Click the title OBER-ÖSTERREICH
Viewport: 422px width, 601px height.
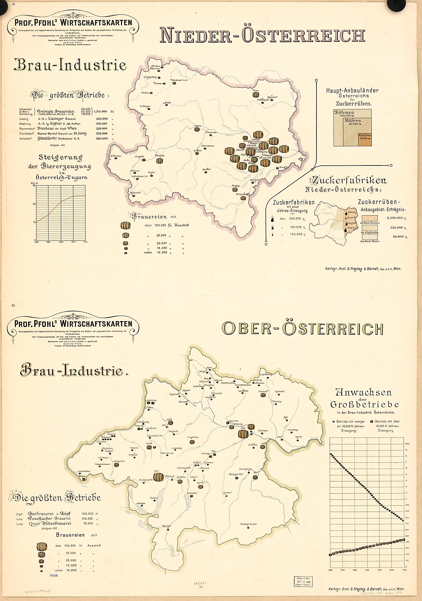tap(302, 329)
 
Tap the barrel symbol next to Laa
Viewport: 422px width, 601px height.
tap(256, 94)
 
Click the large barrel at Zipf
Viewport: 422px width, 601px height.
tap(158, 477)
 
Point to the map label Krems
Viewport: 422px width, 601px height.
tap(198, 126)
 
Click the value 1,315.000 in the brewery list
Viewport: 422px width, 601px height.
tap(100, 112)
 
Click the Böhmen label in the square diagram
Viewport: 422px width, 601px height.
tap(344, 112)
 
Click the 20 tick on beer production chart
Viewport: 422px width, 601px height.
tap(34, 204)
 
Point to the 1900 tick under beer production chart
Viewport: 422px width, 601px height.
tap(61, 242)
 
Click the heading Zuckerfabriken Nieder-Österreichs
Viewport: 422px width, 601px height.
tap(348, 184)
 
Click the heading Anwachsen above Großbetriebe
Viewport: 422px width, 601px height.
tap(364, 392)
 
